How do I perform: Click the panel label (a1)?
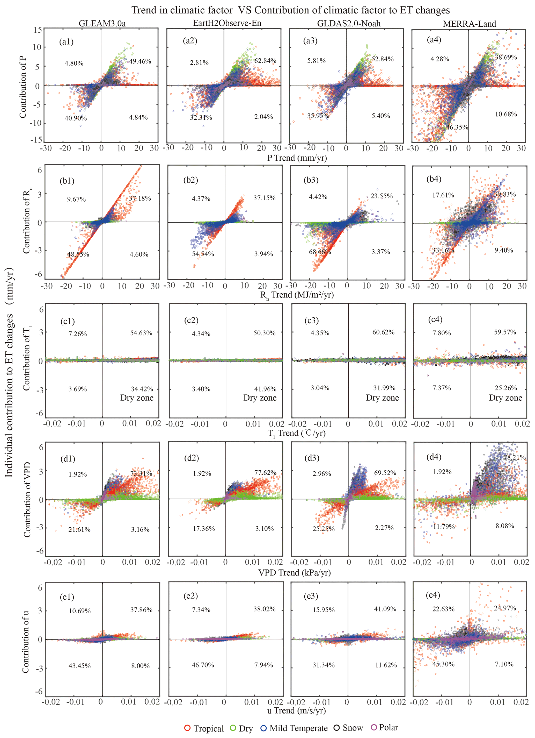[x=66, y=42]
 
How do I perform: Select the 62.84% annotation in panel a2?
[x=265, y=61]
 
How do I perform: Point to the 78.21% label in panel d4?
[x=515, y=457]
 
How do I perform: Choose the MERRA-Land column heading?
[x=469, y=24]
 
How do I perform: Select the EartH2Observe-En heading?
[x=227, y=23]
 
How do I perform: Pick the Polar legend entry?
[x=385, y=727]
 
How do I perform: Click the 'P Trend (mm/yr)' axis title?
[x=297, y=158]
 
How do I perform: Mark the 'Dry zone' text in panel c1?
[x=137, y=398]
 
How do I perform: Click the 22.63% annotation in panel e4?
[x=443, y=609]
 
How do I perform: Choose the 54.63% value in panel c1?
[x=141, y=333]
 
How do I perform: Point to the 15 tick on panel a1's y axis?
[x=38, y=30]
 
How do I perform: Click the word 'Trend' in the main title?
[x=145, y=10]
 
